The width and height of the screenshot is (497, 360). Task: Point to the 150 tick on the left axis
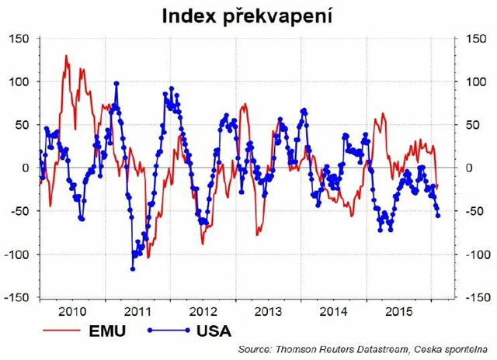[18, 38]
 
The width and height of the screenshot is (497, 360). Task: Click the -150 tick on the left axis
[16, 297]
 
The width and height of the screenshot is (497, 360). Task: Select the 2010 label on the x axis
[73, 312]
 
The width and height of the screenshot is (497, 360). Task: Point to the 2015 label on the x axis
[401, 312]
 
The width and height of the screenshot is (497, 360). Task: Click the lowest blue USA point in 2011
[133, 268]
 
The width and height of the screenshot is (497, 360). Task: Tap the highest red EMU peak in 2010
[66, 56]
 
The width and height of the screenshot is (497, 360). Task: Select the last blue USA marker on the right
[437, 216]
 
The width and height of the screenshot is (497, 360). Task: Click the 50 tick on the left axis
[21, 124]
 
